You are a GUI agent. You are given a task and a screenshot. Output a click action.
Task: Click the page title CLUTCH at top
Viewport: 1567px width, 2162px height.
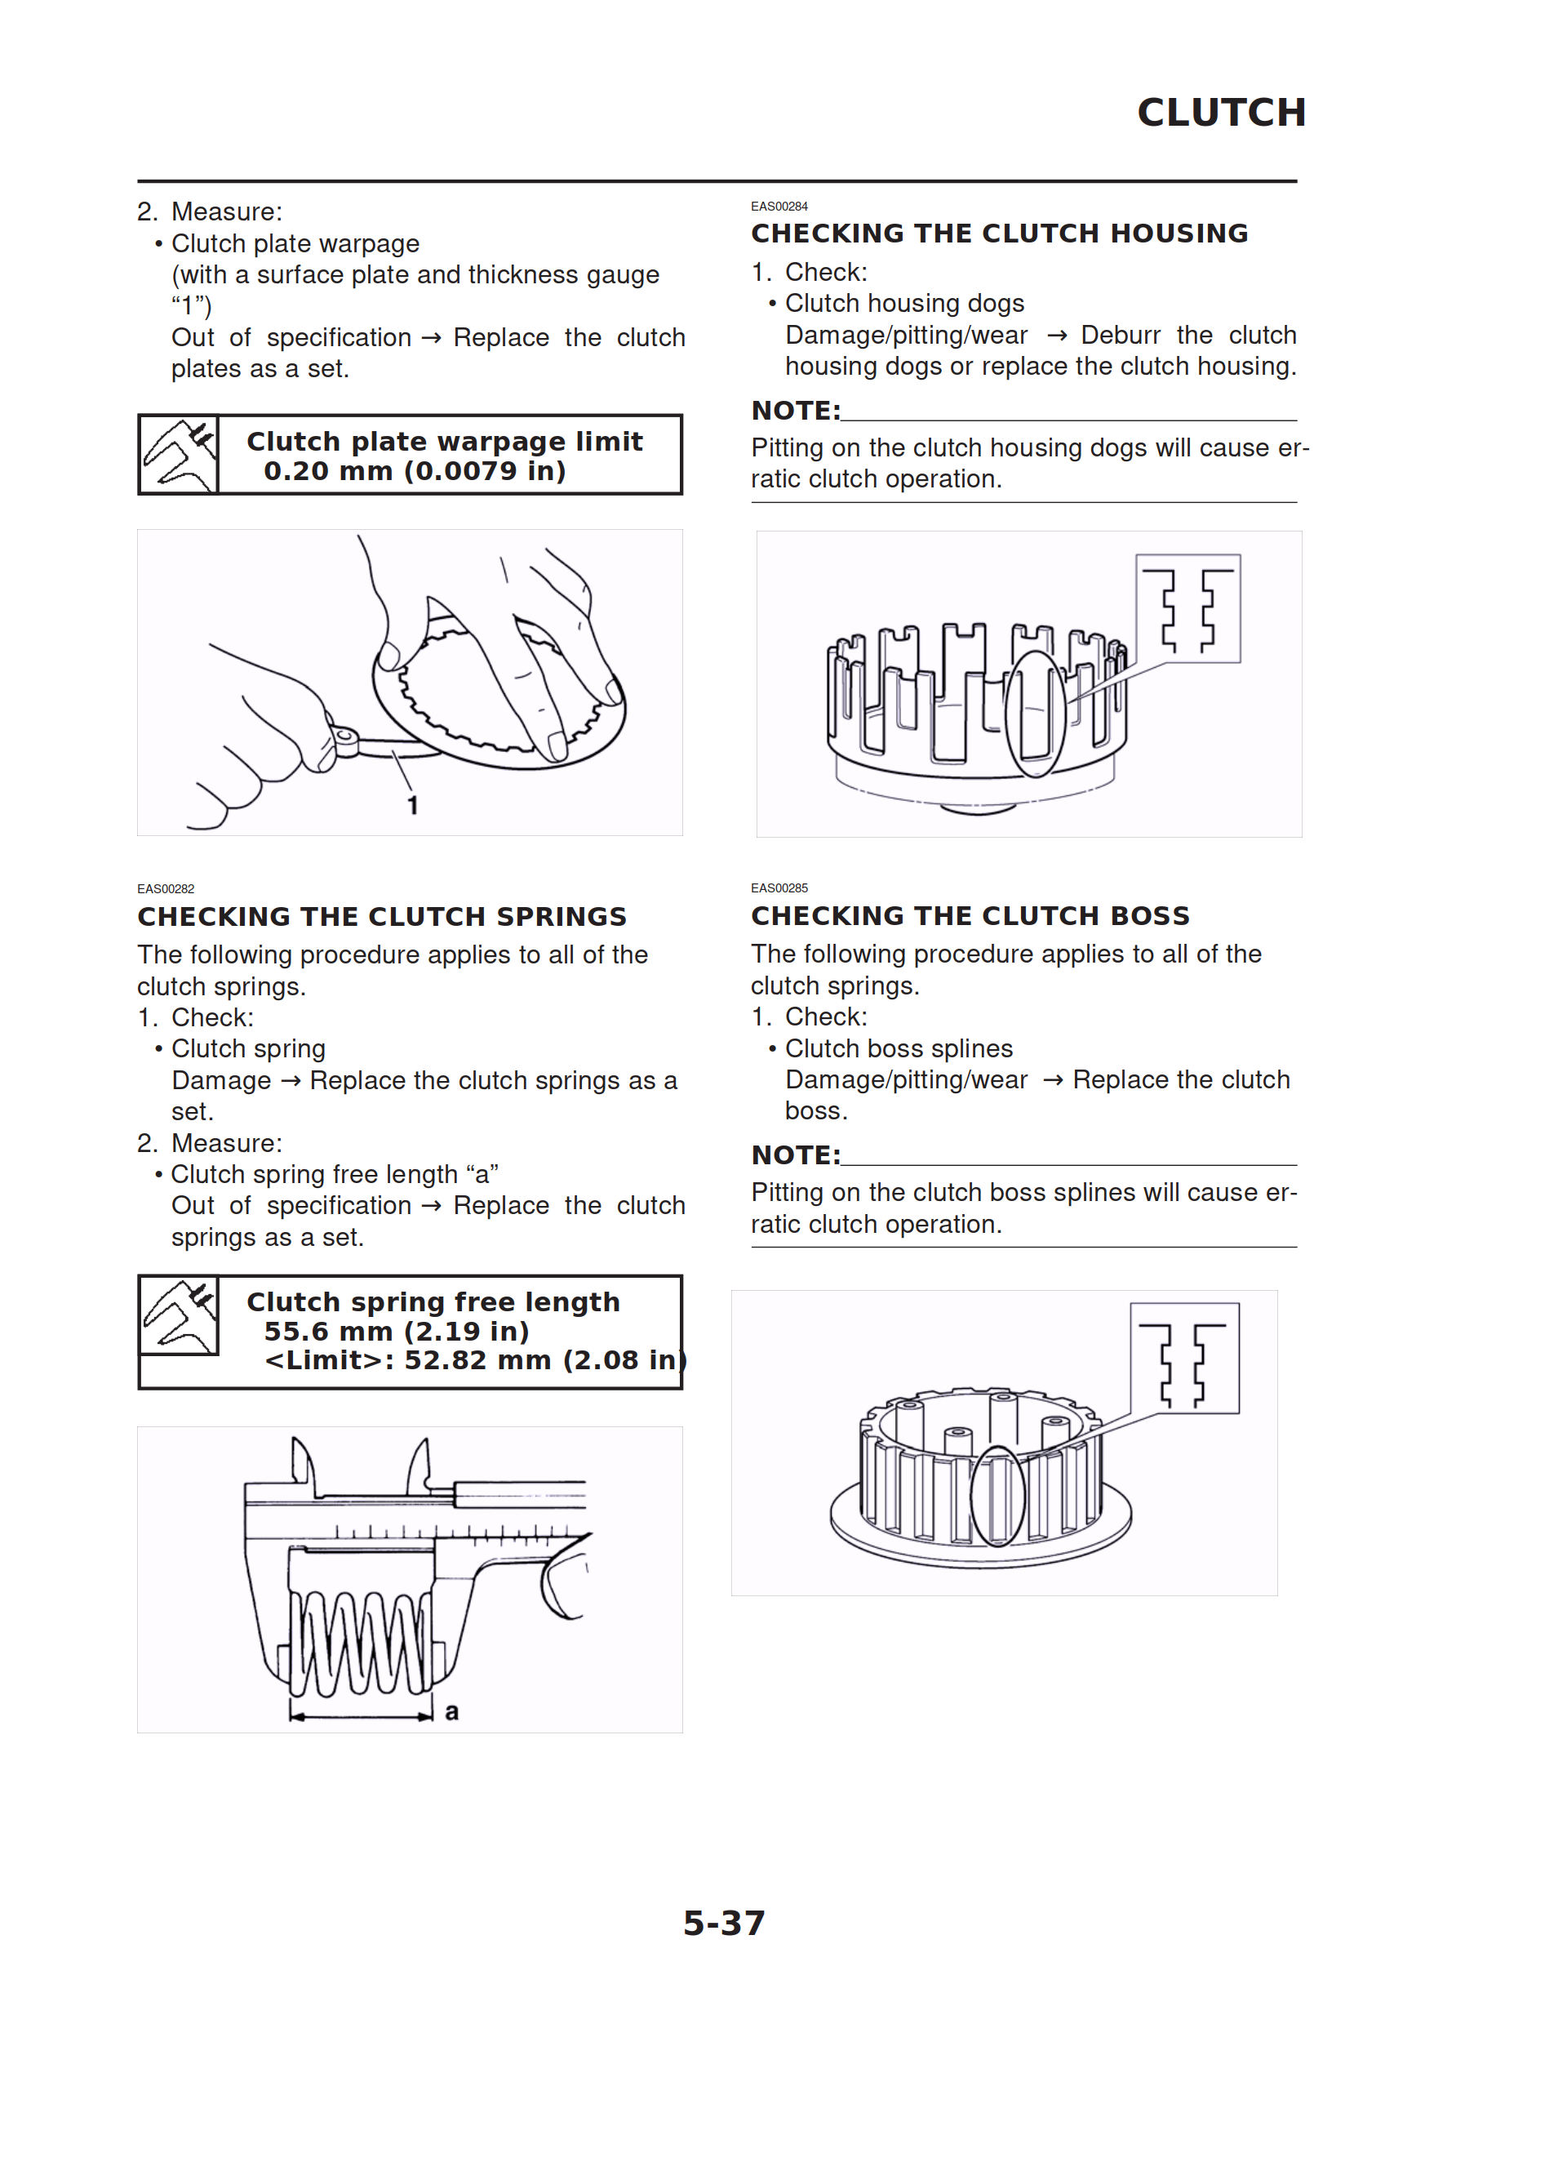pyautogui.click(x=1221, y=113)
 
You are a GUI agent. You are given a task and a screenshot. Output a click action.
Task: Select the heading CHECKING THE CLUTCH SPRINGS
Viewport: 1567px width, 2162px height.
pyautogui.click(x=382, y=916)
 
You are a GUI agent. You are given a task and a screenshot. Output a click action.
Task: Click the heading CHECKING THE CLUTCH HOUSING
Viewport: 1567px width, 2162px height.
pyautogui.click(x=999, y=234)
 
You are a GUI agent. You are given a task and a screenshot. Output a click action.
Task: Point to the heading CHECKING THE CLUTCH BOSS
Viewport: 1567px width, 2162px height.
pyautogui.click(x=970, y=915)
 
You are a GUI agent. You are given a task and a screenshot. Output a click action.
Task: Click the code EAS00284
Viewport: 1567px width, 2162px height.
pyautogui.click(x=779, y=206)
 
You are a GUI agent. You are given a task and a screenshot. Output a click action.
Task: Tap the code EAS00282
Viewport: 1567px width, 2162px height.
pyautogui.click(x=166, y=888)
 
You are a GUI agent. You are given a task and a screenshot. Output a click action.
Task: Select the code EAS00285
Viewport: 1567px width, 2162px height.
pyautogui.click(x=779, y=887)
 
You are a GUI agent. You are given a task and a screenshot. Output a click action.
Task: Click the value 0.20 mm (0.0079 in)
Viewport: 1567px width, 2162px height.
pyautogui.click(x=415, y=471)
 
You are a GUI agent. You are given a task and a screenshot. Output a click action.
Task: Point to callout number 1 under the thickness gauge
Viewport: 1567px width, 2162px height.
pyautogui.click(x=413, y=806)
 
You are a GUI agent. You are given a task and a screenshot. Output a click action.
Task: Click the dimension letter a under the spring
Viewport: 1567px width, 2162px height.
pyautogui.click(x=452, y=1712)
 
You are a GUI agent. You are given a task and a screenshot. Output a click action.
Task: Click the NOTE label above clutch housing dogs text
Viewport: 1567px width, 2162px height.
pyautogui.click(x=796, y=411)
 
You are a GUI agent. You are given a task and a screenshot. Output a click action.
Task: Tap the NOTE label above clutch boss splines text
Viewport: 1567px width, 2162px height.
pyautogui.click(x=796, y=1155)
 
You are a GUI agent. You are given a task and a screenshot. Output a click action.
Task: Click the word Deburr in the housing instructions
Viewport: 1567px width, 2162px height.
pyautogui.click(x=1120, y=336)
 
